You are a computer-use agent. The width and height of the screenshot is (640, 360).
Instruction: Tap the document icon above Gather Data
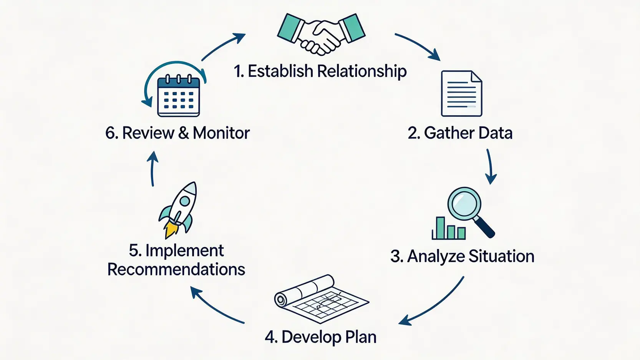pyautogui.click(x=461, y=93)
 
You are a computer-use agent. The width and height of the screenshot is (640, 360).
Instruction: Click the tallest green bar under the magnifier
pyautogui.click(x=440, y=228)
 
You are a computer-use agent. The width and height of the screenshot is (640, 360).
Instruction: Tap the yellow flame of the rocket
pyautogui.click(x=171, y=230)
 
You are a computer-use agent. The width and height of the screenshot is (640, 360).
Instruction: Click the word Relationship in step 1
pyautogui.click(x=362, y=71)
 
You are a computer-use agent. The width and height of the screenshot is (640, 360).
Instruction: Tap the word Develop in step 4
pyautogui.click(x=311, y=337)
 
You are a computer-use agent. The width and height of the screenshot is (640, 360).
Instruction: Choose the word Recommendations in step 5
pyautogui.click(x=176, y=269)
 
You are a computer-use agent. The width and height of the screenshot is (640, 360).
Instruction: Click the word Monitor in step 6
pyautogui.click(x=221, y=133)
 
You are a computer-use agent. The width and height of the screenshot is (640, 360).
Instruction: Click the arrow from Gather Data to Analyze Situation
pyautogui.click(x=490, y=166)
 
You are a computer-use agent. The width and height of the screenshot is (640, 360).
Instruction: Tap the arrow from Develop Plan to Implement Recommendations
pyautogui.click(x=216, y=306)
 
